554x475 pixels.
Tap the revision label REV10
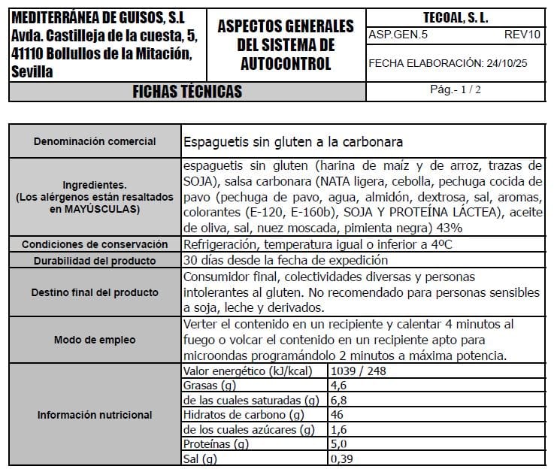pos(522,35)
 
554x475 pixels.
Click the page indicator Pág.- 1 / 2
pos(456,89)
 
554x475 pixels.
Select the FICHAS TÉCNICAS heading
pos(187,92)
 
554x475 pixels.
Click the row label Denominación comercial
pos(95,141)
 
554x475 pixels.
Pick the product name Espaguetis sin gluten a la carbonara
pos(293,141)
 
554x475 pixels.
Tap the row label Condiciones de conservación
pos(95,244)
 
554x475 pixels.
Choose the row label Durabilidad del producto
pos(95,261)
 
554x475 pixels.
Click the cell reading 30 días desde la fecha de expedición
pos(286,260)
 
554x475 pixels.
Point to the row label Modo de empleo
pos(95,340)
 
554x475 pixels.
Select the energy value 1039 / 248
pos(358,371)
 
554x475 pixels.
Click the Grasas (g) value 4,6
pos(340,386)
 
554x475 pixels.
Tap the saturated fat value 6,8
pos(340,400)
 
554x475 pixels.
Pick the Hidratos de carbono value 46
pos(338,414)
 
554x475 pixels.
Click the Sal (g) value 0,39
pos(343,458)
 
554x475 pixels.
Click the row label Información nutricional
pos(95,415)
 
